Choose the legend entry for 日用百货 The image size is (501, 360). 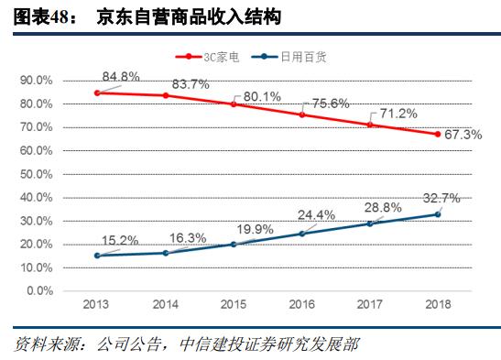[305, 56]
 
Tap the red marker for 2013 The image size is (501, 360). [97, 93]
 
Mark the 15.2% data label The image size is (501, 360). [120, 241]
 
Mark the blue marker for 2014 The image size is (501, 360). [165, 253]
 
